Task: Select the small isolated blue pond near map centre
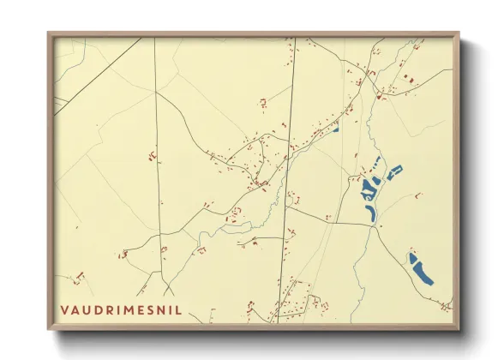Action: coord(336,130)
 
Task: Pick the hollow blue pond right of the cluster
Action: coord(394,172)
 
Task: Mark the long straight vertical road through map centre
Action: coord(286,171)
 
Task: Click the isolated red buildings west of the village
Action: coord(152,155)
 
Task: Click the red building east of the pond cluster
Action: coord(418,195)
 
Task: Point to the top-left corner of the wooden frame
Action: coord(49,34)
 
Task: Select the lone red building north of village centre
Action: coord(263,102)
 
